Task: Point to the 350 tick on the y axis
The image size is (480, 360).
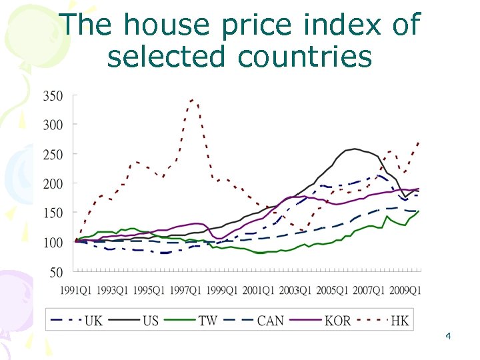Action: click(53, 96)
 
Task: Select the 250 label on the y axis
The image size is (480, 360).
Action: click(53, 154)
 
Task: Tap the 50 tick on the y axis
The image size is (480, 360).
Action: click(56, 272)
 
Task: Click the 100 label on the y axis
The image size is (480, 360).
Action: click(53, 243)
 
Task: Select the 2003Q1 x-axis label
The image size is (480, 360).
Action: click(295, 290)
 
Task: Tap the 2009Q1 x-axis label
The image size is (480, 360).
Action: click(405, 290)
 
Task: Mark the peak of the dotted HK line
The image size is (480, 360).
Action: click(193, 100)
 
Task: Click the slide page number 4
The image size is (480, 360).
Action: click(448, 336)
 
